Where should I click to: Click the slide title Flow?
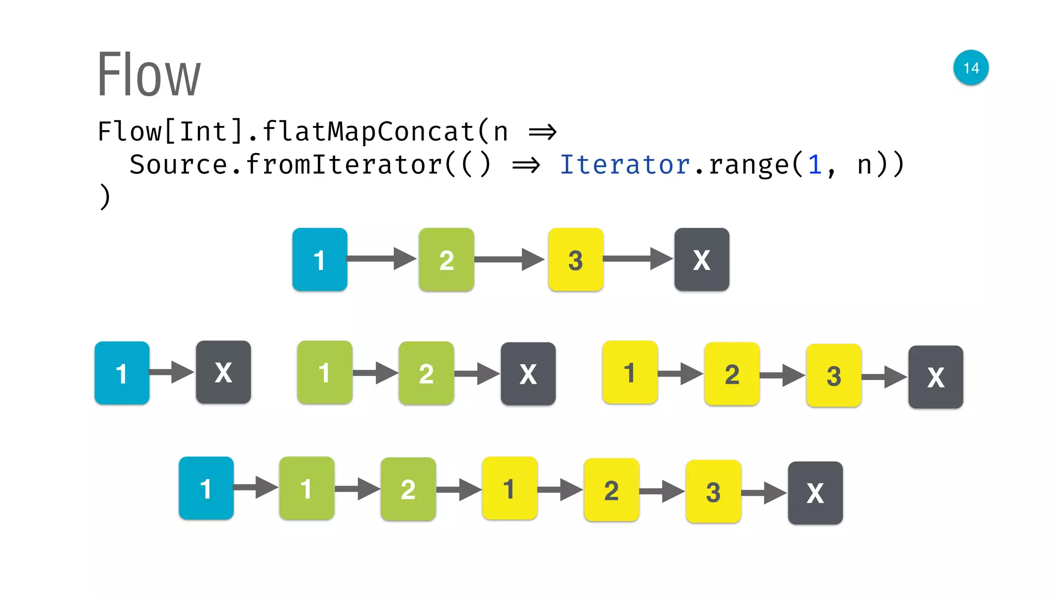point(149,74)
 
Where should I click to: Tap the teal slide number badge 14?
point(971,68)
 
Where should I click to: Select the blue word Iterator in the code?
point(625,165)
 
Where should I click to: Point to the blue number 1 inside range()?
point(815,165)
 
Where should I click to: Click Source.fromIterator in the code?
point(286,165)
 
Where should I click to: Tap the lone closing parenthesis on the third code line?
point(105,197)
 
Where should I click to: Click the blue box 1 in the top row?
point(320,259)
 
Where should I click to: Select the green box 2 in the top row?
point(446,259)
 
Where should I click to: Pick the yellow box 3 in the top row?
point(575,259)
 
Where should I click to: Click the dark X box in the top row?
point(702,259)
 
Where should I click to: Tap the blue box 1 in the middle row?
point(122,373)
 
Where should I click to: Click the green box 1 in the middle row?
point(324,372)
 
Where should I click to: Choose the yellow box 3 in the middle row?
point(833,375)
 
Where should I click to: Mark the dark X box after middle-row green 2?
point(528,374)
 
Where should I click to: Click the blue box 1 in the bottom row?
point(206,488)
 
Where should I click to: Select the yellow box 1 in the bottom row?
point(509,488)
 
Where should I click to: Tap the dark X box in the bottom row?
point(815,493)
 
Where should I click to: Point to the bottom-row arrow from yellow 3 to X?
point(764,493)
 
